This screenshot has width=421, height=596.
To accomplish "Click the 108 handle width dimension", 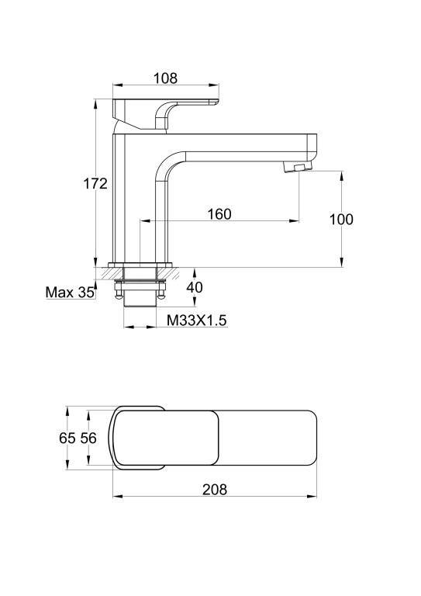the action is pos(165,78).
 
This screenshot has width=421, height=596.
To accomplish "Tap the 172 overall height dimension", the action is pos(95,184).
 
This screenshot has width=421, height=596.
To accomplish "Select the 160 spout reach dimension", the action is pos(219,214).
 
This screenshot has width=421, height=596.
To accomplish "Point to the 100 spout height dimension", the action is pos(341,220).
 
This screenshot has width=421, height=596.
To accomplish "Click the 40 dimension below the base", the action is pos(195,287).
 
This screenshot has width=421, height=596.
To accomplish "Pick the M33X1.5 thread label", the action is pos(197,321).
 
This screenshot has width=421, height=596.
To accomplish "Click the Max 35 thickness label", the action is pos(70,293).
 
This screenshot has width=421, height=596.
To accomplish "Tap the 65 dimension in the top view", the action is pos(67,438).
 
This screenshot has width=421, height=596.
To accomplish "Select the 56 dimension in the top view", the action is pos(88,438).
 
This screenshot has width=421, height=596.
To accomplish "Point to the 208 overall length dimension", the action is pos(215,490).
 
